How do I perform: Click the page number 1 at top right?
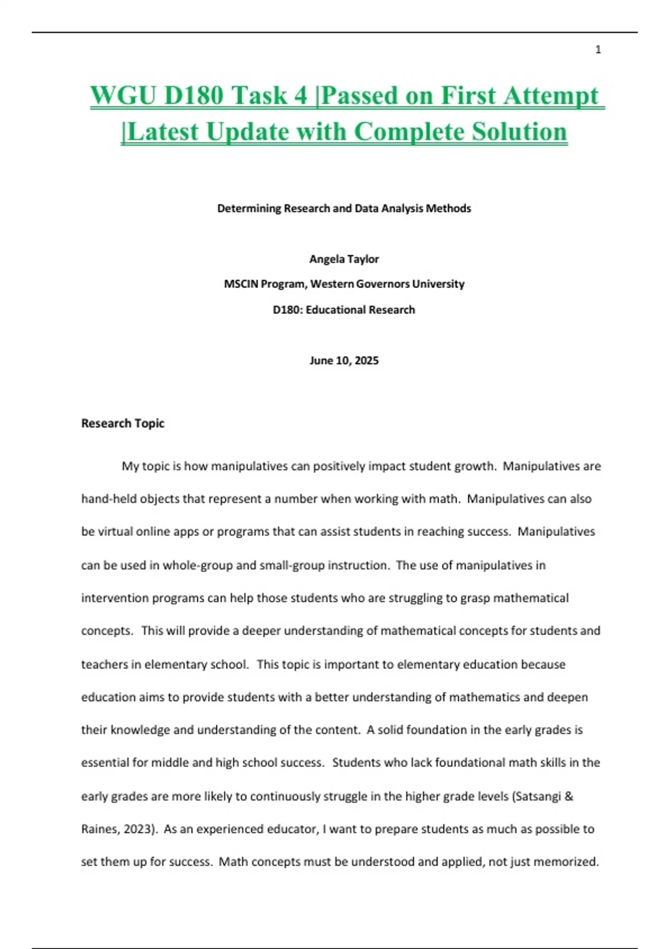[598, 50]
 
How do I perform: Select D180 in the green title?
[194, 95]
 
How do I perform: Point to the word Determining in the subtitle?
[248, 208]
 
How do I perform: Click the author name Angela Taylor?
[344, 259]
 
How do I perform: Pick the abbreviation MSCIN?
[241, 284]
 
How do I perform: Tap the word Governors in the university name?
[383, 284]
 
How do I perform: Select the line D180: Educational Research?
[344, 310]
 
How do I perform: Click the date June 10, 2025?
[344, 361]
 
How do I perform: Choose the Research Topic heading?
[123, 423]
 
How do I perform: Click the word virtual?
[116, 531]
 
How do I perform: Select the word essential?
[105, 763]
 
